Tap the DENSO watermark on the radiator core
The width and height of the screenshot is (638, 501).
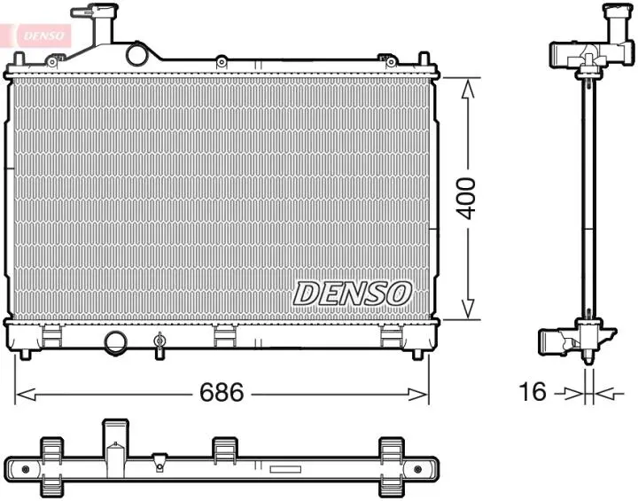tap(352, 293)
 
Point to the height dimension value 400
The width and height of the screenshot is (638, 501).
tap(467, 199)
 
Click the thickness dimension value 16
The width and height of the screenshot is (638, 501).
tap(533, 393)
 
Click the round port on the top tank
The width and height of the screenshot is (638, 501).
tap(137, 55)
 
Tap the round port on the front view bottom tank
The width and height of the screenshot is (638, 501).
tap(115, 341)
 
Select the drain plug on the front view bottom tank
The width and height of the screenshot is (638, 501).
tap(159, 343)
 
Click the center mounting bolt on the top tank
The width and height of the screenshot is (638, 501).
tap(220, 62)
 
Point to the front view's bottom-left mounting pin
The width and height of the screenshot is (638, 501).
tap(26, 354)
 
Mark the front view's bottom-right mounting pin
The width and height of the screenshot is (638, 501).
tap(417, 354)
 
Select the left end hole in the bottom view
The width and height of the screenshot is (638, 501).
tap(25, 468)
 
